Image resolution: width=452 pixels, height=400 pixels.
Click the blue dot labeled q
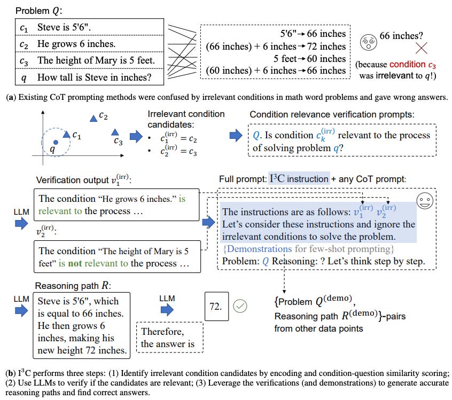[x=56, y=142]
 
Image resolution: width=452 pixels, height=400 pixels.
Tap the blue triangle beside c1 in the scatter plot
[x=66, y=135]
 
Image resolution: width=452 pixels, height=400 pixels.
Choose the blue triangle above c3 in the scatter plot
[x=114, y=132]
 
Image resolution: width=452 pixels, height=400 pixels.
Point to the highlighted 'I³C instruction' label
[x=299, y=179]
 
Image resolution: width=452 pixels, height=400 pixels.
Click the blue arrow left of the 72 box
[x=167, y=309]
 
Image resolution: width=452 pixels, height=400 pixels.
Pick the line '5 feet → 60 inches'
[x=309, y=58]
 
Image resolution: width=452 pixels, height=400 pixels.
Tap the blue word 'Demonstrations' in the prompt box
[x=259, y=249]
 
